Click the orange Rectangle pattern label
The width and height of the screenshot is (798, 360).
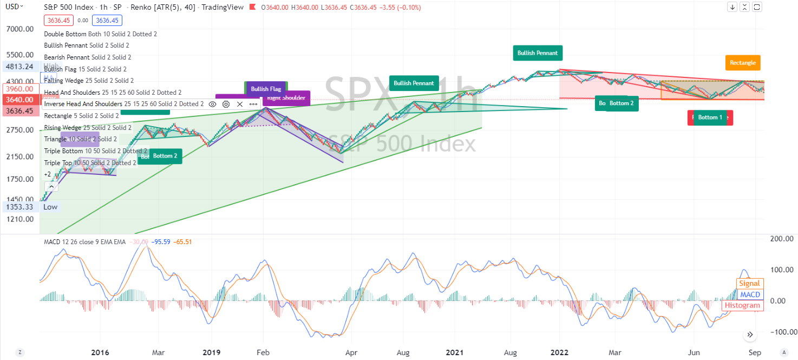(x=742, y=63)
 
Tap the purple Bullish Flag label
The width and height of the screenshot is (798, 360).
(x=266, y=89)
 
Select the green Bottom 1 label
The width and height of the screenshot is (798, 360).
(x=709, y=117)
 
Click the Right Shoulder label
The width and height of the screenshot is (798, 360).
(x=287, y=98)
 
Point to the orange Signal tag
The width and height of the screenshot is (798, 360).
(x=750, y=283)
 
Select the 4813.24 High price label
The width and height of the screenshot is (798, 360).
(x=18, y=67)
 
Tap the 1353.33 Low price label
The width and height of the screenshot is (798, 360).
(x=18, y=207)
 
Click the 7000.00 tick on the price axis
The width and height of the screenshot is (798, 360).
(x=20, y=29)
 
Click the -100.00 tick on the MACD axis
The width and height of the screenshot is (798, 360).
(x=782, y=332)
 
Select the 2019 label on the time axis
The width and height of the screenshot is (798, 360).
(x=211, y=352)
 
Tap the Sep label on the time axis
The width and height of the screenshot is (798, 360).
(x=755, y=352)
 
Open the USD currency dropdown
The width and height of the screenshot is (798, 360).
(x=14, y=7)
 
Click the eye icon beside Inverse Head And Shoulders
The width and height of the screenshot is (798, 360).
(x=213, y=104)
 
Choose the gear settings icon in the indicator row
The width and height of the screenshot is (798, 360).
(x=226, y=104)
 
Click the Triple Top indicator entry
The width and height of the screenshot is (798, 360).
(x=90, y=163)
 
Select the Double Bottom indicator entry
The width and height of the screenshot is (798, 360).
(x=100, y=34)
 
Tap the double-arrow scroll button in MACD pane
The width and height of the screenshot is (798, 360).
(x=750, y=335)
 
